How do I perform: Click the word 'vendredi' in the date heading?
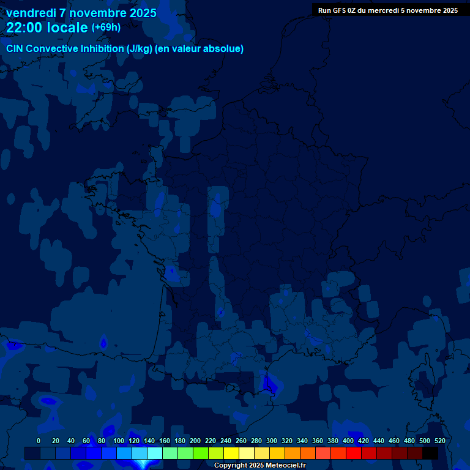point(30,13)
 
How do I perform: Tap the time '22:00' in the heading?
point(24,28)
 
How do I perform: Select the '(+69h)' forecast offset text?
point(106,27)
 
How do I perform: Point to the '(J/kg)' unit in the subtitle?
point(140,49)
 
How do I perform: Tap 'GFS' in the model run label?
point(343,10)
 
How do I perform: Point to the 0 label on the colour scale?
point(39,441)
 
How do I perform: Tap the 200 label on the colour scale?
point(195,441)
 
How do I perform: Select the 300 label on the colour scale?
point(272,441)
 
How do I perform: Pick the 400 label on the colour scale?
point(348,441)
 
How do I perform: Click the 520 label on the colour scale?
point(439,441)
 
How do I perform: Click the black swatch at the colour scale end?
point(430,453)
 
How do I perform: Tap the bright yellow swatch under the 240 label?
point(231,453)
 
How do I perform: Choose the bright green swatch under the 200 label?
point(201,453)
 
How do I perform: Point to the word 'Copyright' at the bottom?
point(231,466)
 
